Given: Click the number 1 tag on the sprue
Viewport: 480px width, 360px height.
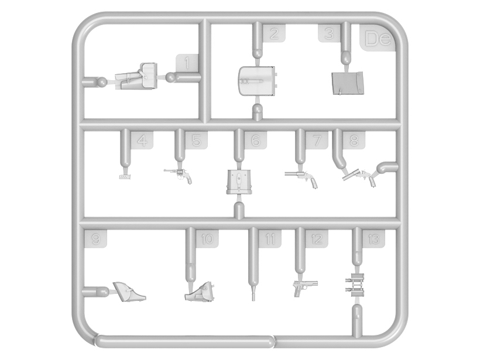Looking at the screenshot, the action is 187,63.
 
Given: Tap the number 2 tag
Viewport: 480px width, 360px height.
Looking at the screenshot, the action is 274,33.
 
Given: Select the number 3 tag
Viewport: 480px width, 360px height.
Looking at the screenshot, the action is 329,33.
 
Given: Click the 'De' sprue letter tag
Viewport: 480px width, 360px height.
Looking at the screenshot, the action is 378,37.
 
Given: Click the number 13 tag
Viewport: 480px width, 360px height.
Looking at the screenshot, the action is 374,239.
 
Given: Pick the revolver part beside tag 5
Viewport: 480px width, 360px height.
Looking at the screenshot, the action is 179,176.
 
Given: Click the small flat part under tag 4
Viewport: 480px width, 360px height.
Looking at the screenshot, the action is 124,177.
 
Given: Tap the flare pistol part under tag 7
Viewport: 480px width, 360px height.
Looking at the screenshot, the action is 301,178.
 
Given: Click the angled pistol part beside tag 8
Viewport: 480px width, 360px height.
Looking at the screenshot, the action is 359,177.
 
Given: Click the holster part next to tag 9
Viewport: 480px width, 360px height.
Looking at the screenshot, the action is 129,292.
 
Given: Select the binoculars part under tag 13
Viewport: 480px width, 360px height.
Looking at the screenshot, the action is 355,284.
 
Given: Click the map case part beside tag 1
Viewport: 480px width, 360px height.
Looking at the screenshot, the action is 136,76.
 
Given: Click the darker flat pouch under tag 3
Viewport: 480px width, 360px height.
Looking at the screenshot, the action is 348,83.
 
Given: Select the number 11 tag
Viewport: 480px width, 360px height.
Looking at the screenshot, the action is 269,239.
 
